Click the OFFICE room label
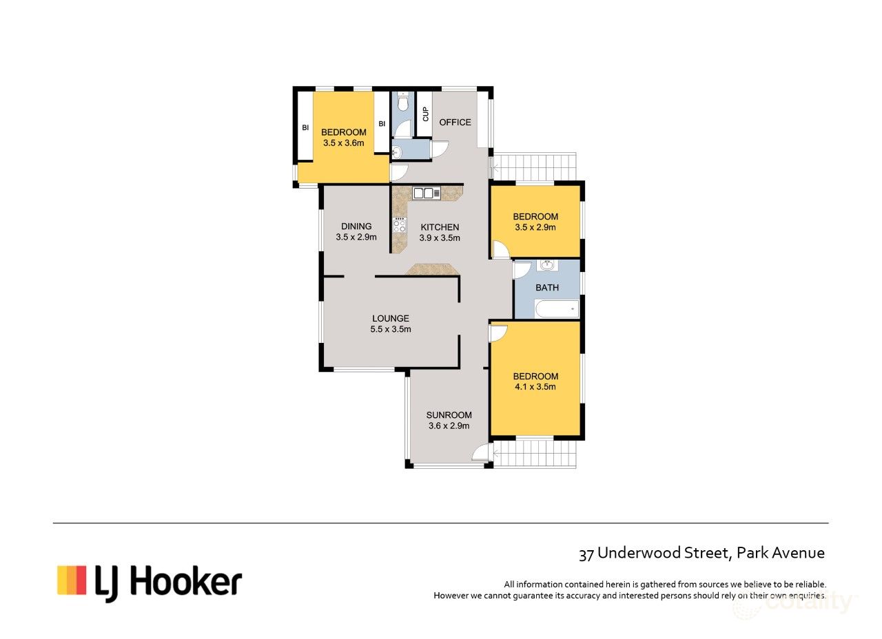(x=455, y=123)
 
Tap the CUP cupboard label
(x=425, y=114)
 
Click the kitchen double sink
(x=427, y=193)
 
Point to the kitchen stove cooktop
(x=399, y=225)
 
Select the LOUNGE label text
(x=391, y=318)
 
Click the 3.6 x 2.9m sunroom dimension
(x=449, y=426)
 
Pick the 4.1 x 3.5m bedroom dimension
(x=535, y=387)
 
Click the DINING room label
(x=356, y=226)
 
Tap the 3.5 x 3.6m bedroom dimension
(x=343, y=143)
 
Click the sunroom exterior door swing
(x=481, y=452)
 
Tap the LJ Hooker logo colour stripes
(x=72, y=580)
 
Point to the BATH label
(x=547, y=288)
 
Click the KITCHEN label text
(x=440, y=227)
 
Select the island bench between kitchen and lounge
(x=432, y=270)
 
